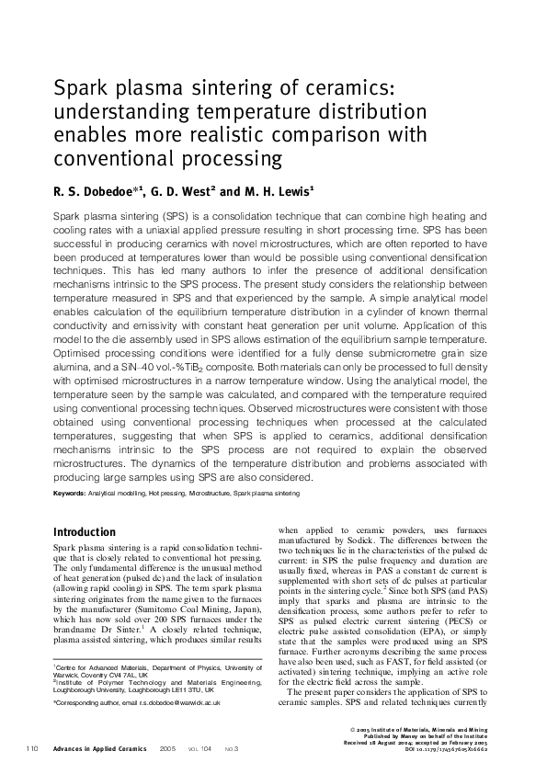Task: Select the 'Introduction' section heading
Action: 85,532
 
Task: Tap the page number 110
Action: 32,749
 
